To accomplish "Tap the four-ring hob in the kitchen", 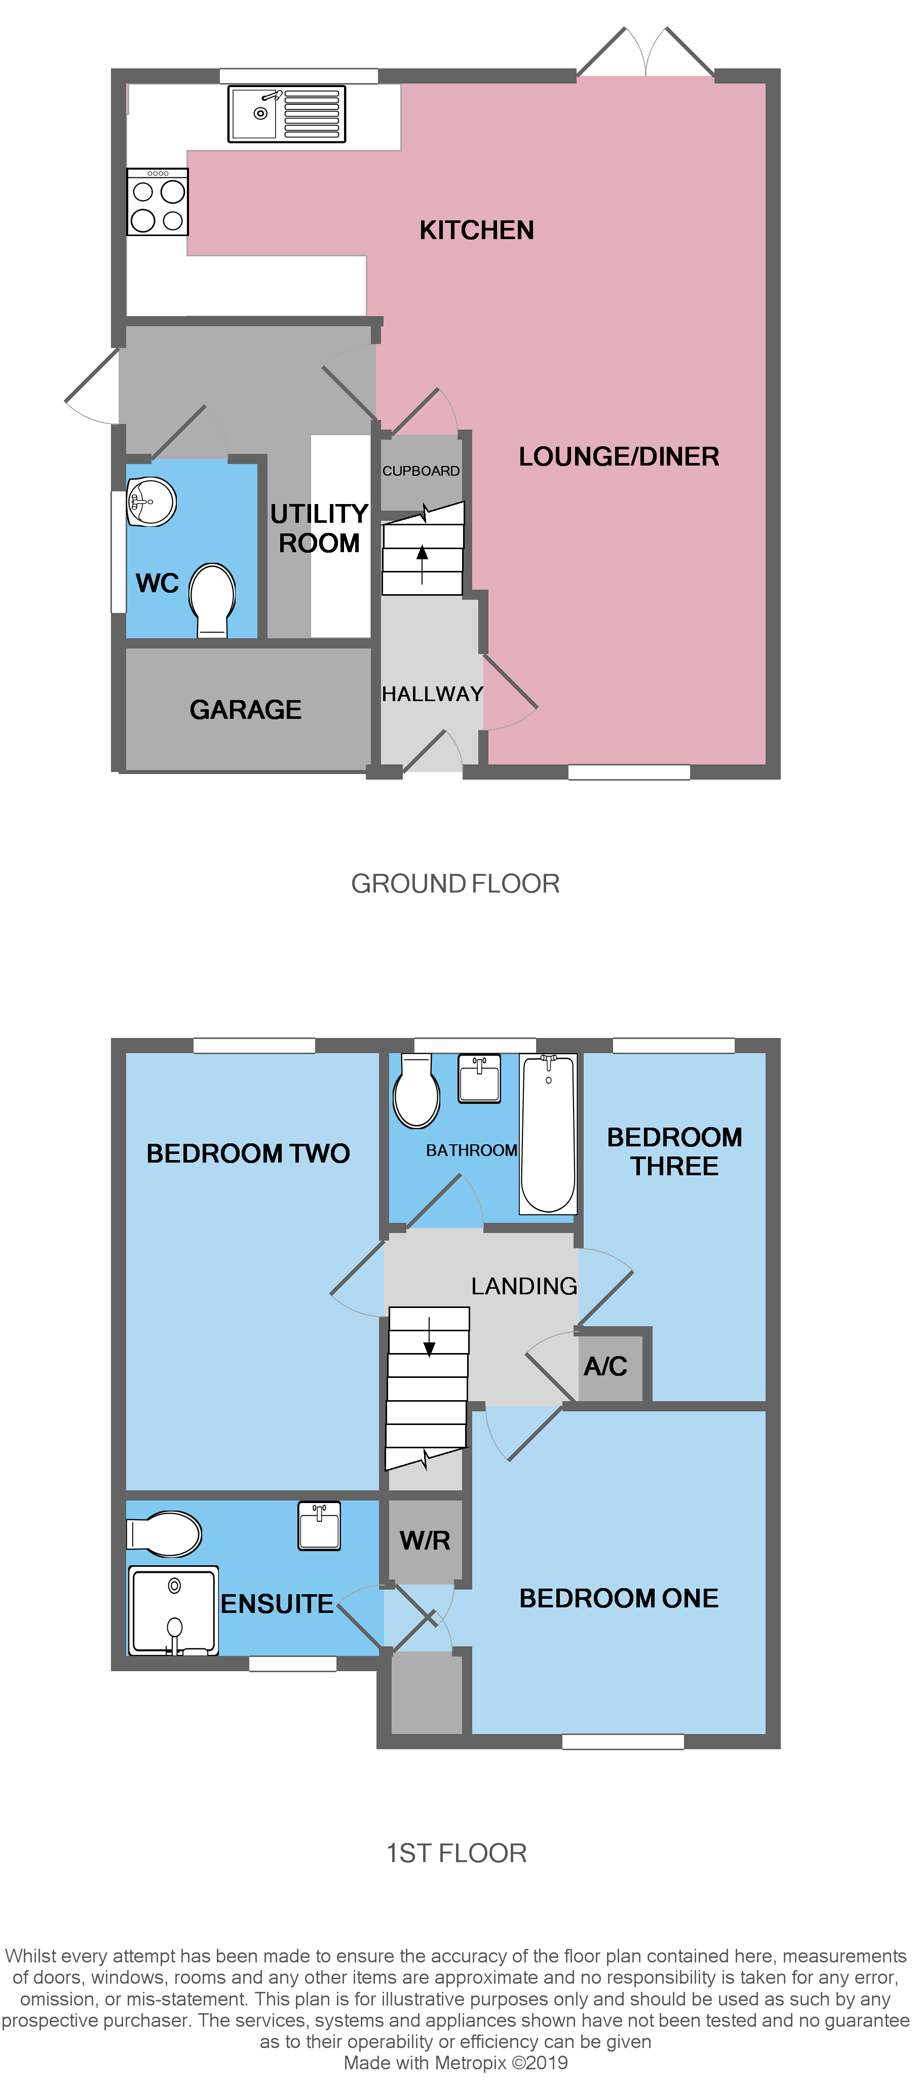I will [158, 202].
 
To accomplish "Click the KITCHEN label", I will [477, 230].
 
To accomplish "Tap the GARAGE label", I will [246, 709].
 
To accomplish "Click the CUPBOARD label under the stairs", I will [421, 471].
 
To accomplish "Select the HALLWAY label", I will [432, 694].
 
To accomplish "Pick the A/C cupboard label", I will [606, 1366].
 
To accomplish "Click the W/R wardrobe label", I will [425, 1540].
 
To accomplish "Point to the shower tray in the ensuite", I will [173, 1611].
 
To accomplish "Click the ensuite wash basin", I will [319, 1525].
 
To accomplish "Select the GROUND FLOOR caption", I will [455, 884].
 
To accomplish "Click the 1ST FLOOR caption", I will [457, 1853].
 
